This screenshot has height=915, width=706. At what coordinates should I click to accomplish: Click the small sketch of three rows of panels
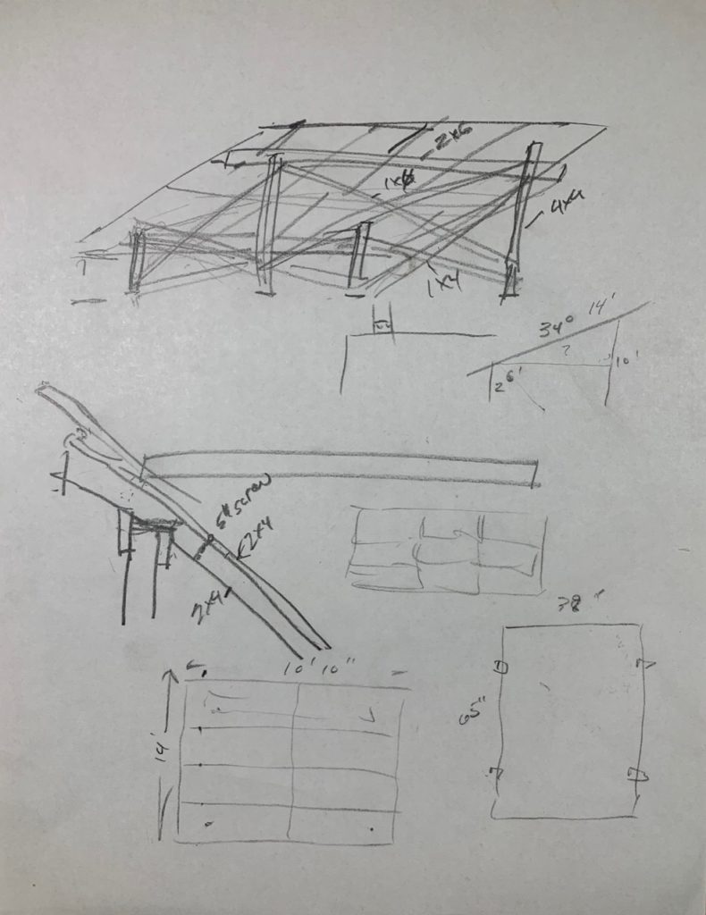pos(447,550)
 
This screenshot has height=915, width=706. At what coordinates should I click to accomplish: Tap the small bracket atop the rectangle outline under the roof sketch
pos(382,326)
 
